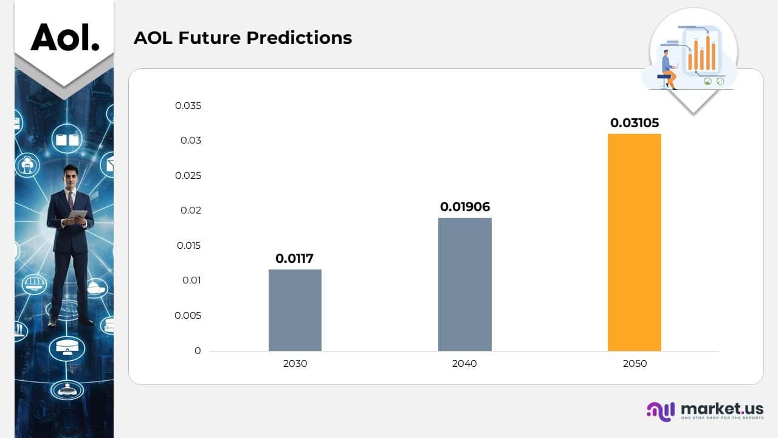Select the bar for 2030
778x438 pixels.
295,310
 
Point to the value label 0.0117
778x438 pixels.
294,259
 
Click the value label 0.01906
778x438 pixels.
464,207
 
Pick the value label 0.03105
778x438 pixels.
634,123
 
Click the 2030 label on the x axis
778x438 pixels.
295,364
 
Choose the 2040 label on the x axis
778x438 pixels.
464,364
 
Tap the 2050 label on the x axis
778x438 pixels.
634,364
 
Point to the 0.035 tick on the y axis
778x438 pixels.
188,106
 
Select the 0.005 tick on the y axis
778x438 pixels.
188,316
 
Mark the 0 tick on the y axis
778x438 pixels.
197,351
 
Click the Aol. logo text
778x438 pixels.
64,37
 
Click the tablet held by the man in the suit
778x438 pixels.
77,215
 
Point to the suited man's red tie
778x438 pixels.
71,199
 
